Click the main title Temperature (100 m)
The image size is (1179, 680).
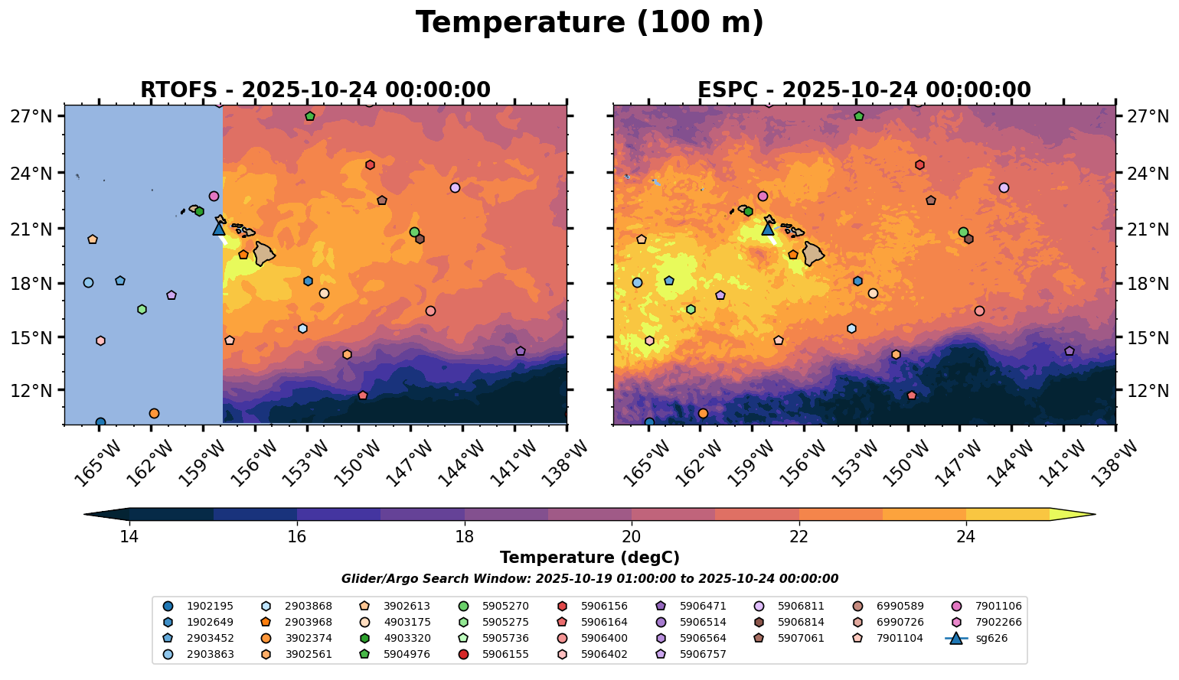click(x=589, y=23)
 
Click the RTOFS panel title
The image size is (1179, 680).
click(x=315, y=90)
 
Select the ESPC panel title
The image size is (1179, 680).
click(x=864, y=90)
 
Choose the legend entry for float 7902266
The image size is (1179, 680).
click(x=998, y=622)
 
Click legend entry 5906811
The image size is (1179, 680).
click(x=800, y=606)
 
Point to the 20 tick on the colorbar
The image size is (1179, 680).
click(x=632, y=536)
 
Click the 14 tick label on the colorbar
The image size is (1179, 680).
click(x=129, y=536)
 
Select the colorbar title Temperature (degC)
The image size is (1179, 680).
click(x=589, y=558)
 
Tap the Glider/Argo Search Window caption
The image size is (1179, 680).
click(x=589, y=579)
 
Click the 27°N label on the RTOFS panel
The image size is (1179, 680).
click(x=31, y=116)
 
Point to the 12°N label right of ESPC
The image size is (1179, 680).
click(x=1149, y=391)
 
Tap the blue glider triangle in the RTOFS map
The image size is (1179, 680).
click(x=219, y=228)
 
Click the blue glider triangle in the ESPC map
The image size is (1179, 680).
click(x=768, y=228)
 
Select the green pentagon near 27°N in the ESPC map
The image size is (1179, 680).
click(x=859, y=116)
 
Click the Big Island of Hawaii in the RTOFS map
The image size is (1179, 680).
click(x=264, y=253)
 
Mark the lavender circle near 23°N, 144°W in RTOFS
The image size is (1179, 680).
click(x=456, y=187)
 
